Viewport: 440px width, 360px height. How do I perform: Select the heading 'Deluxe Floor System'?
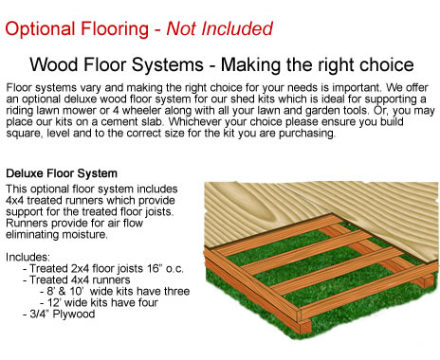pyautogui.click(x=62, y=174)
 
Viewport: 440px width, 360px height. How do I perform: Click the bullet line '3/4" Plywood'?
pyautogui.click(x=61, y=314)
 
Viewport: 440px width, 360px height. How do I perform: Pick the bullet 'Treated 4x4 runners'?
pyautogui.click(x=81, y=279)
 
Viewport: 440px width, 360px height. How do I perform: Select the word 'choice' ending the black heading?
pyautogui.click(x=385, y=65)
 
